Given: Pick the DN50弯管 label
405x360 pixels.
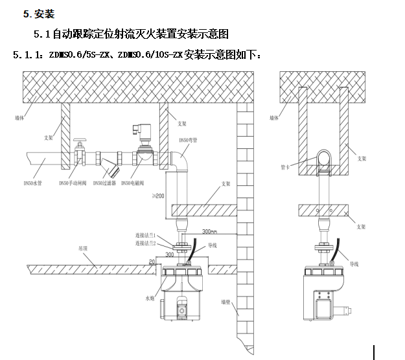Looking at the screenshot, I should pyautogui.click(x=186, y=139).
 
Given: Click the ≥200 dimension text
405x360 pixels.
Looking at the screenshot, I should pyautogui.click(x=159, y=196).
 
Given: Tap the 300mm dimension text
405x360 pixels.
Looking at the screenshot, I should pyautogui.click(x=209, y=231).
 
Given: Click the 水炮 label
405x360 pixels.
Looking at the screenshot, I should pyautogui.click(x=151, y=299).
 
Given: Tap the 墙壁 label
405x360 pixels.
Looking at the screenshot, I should pyautogui.click(x=226, y=302).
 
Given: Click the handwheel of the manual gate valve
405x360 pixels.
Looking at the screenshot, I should pyautogui.click(x=80, y=140).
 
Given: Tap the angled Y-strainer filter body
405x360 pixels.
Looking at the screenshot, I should pyautogui.click(x=114, y=170).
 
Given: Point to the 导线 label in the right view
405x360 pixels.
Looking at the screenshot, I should pyautogui.click(x=354, y=264).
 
